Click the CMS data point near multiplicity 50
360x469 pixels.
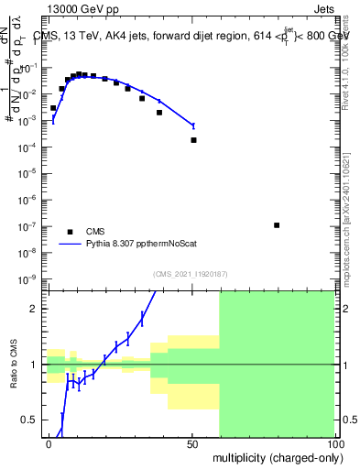pyautogui.click(x=193, y=140)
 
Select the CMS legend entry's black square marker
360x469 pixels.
pyautogui.click(x=70, y=232)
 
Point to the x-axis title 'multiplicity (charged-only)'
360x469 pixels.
pyautogui.click(x=274, y=456)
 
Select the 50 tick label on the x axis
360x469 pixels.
pyautogui.click(x=193, y=443)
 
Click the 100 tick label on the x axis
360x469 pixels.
pyautogui.click(x=335, y=443)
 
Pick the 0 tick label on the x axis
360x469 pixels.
pyautogui.click(x=49, y=443)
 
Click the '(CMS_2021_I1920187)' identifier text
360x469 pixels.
pyautogui.click(x=191, y=273)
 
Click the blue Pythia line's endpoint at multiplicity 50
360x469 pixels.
pyautogui.click(x=193, y=125)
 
